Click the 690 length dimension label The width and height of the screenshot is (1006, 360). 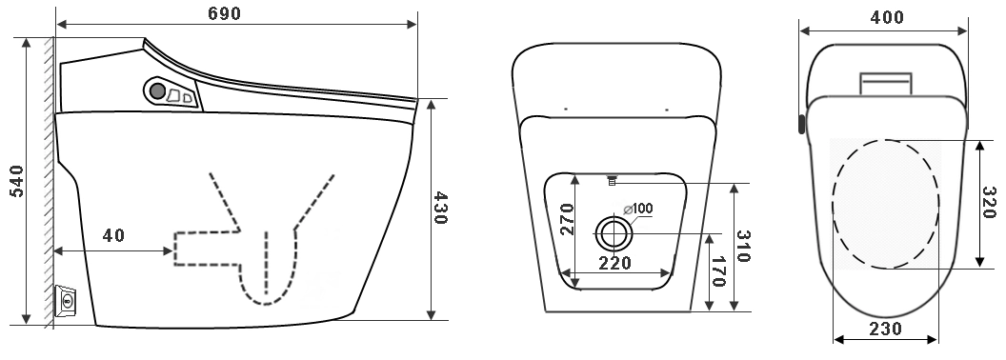pos(224,13)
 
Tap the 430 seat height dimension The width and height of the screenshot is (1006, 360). pos(440,208)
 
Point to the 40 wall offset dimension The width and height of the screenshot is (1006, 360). pos(113,235)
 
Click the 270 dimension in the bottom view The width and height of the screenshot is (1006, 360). pos(567,219)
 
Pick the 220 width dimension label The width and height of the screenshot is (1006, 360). pos(615,263)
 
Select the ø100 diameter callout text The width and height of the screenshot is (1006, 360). pos(637,209)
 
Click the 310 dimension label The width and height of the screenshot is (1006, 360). pos(742,247)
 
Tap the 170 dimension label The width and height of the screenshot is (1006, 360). pos(718,271)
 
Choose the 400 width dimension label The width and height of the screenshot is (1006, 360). pos(887,17)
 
